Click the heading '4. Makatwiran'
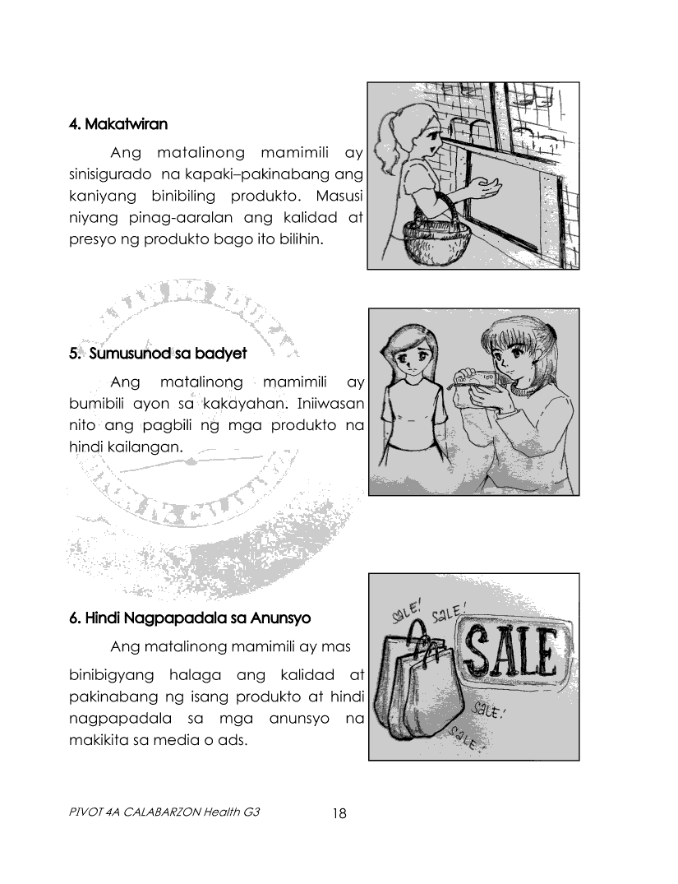[x=118, y=124]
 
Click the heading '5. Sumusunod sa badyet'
[x=159, y=354]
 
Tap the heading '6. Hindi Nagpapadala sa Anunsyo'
[x=190, y=618]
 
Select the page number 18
[x=339, y=813]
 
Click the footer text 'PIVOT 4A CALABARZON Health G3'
[x=164, y=812]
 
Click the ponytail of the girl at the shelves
[x=388, y=136]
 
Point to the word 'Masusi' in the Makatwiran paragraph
[x=340, y=197]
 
